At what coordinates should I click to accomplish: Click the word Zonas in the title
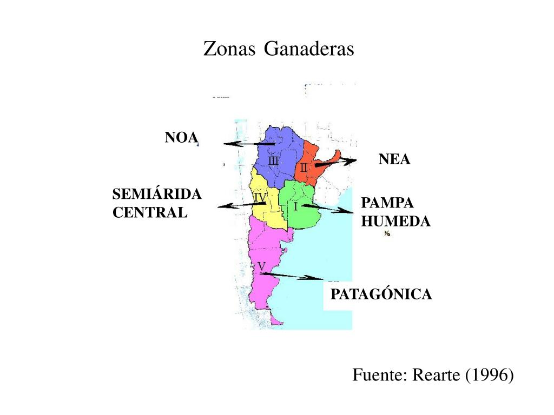[229, 49]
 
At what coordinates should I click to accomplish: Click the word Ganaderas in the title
[309, 49]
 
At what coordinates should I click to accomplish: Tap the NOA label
[181, 137]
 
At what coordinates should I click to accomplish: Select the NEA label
[394, 159]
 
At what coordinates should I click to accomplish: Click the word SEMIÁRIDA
[157, 194]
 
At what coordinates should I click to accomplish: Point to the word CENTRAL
[150, 212]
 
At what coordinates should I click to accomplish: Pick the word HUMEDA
[396, 222]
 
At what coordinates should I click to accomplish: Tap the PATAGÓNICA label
[381, 294]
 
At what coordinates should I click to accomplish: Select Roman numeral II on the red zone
[304, 168]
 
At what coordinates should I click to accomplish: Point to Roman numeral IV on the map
[260, 198]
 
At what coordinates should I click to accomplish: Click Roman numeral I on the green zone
[295, 206]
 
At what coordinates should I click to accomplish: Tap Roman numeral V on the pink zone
[261, 266]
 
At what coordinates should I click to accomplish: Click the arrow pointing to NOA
[249, 144]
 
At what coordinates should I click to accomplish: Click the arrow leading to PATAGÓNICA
[292, 276]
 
